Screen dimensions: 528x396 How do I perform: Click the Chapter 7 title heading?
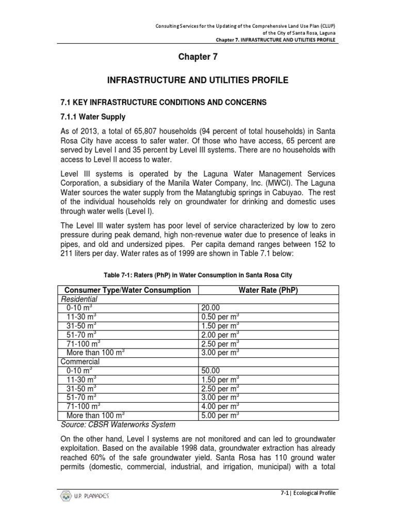coord(198,57)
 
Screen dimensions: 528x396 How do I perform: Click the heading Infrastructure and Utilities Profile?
coord(197,80)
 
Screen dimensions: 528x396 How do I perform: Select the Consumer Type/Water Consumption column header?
coord(126,290)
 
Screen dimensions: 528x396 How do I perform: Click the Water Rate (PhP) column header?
coord(268,290)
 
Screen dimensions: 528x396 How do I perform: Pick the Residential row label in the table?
coord(79,299)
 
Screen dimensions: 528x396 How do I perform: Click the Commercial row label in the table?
coord(80,361)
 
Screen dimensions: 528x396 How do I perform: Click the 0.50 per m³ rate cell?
coord(220,317)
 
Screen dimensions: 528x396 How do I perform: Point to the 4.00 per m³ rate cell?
coord(220,406)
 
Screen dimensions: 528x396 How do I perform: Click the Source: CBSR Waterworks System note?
coord(118,425)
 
